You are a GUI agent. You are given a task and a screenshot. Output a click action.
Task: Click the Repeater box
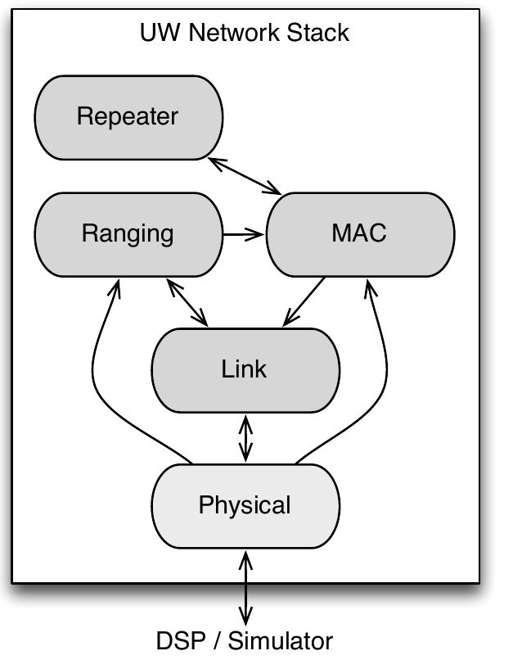point(128,117)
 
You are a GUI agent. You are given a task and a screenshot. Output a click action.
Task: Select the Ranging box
point(128,234)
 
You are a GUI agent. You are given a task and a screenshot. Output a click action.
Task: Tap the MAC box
point(359,234)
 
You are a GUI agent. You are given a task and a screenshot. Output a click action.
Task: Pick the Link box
point(245,369)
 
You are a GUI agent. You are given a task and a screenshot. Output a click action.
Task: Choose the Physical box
point(245,505)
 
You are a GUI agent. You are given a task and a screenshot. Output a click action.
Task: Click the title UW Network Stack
point(245,33)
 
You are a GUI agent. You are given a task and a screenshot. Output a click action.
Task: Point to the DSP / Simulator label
point(245,640)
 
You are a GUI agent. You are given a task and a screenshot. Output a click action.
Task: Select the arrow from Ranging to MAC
point(243,235)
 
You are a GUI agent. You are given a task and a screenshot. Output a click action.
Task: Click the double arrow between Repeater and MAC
point(245,176)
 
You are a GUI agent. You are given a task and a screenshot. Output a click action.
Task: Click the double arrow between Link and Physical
point(245,439)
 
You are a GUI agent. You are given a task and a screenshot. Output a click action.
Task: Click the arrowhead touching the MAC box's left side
point(260,235)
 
